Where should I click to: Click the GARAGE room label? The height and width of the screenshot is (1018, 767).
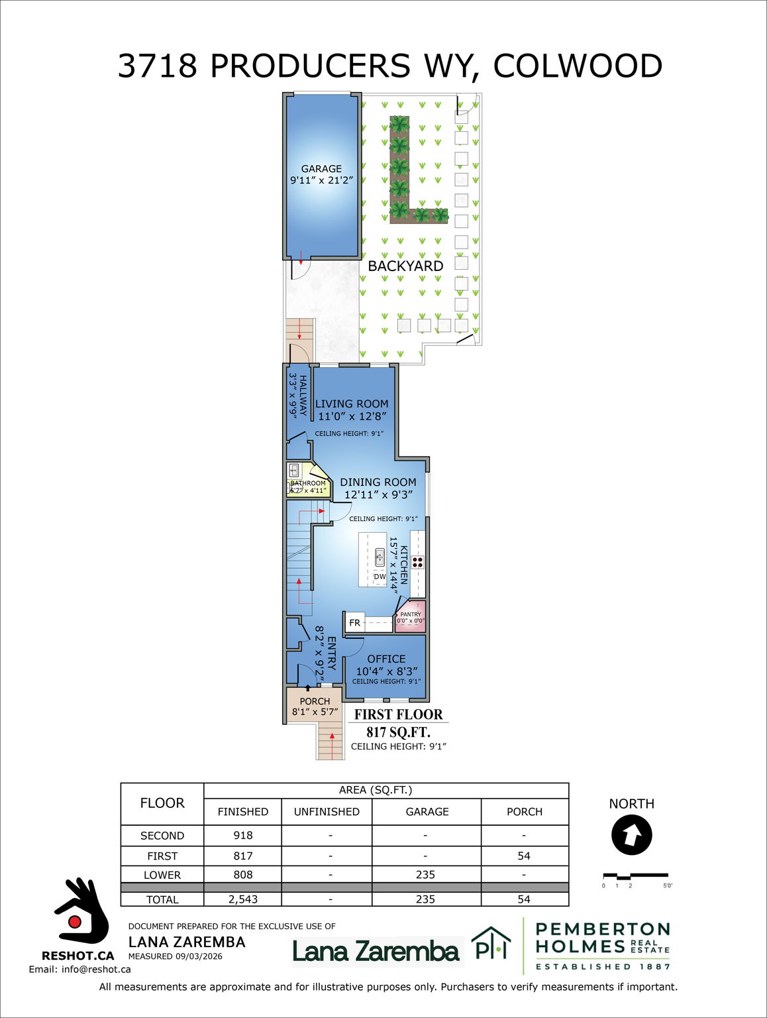coord(321,168)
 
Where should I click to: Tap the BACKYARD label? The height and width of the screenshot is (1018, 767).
coord(405,266)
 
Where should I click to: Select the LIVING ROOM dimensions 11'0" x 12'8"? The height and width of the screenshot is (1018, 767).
coord(352,416)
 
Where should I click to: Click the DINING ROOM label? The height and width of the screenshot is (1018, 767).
coord(378,482)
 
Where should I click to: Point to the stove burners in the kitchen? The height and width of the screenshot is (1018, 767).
coord(417,562)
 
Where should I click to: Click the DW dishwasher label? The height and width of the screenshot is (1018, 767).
coord(380,577)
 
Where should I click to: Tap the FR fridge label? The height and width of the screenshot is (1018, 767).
coord(354,623)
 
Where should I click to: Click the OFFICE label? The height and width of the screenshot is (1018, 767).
coord(386,659)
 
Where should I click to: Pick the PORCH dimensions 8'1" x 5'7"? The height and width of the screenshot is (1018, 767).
coord(315,712)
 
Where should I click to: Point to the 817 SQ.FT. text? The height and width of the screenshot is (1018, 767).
coord(398,732)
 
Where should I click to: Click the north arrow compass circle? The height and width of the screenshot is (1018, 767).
coord(631,835)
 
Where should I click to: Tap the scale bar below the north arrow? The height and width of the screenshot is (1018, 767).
coord(635,876)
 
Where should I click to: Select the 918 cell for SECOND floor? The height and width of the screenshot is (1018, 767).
coord(243,835)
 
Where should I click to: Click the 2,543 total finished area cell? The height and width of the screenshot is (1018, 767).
coord(243,899)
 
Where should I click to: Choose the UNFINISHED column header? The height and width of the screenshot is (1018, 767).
coord(327,811)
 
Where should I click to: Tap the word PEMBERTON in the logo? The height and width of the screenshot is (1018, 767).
coord(602,929)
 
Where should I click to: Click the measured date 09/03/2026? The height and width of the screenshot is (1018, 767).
coord(199,956)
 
